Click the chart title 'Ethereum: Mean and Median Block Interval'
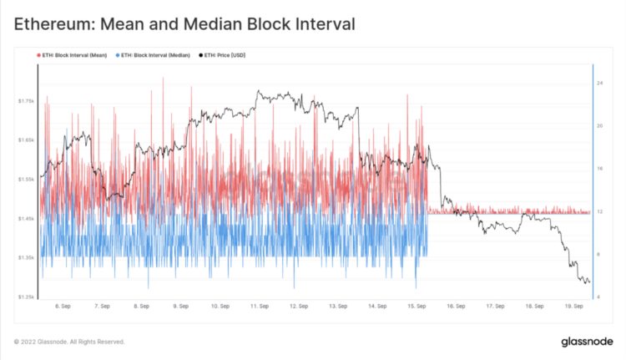184,24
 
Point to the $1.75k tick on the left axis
25,101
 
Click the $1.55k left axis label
25,180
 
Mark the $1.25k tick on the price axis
25,297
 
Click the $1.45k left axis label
25,219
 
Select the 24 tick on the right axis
599,84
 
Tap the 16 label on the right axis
599,169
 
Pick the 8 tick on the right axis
598,254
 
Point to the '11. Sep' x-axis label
260,306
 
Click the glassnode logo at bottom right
588,342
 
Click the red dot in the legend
38,55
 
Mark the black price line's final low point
588,283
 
